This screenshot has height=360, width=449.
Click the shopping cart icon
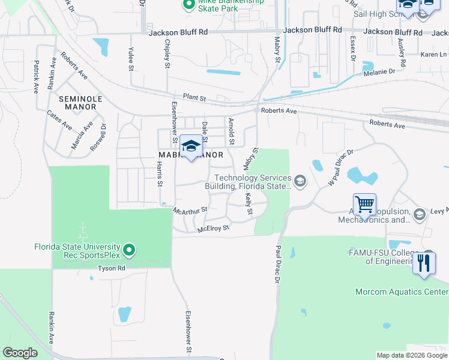click(x=365, y=204)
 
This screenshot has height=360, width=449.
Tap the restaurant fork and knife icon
click(x=424, y=263)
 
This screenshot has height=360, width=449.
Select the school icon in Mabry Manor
click(x=191, y=146)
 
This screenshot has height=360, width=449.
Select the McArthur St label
click(x=190, y=210)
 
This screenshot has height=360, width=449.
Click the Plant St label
click(x=194, y=97)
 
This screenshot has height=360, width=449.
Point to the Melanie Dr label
click(x=378, y=71)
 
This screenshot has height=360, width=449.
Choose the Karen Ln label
click(x=430, y=54)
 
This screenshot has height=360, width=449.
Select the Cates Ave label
click(x=60, y=120)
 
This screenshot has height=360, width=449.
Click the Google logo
click(x=20, y=352)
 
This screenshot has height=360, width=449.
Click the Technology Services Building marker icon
click(x=300, y=180)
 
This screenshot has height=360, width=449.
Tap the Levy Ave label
click(x=439, y=211)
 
